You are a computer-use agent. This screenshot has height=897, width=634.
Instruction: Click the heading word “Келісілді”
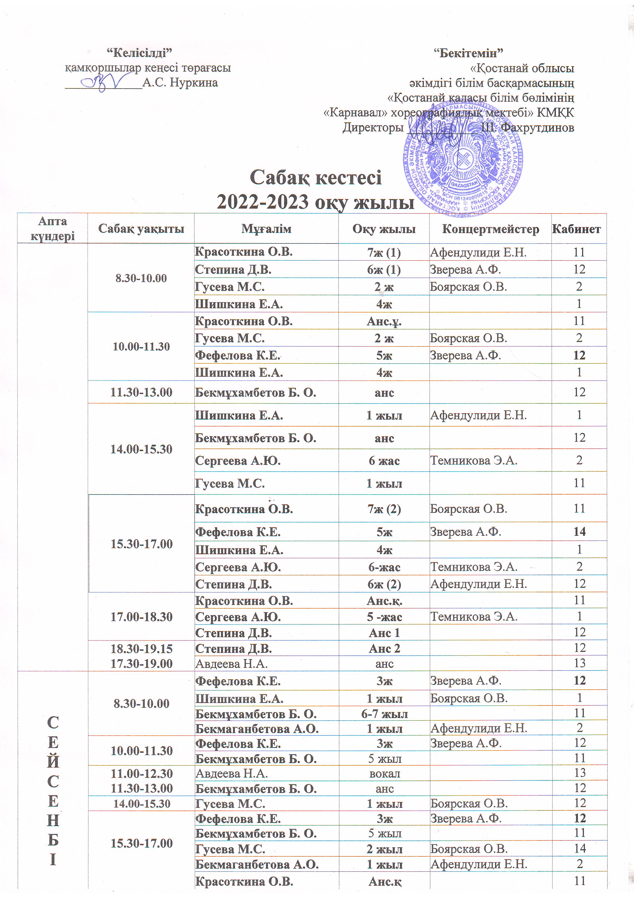point(140,52)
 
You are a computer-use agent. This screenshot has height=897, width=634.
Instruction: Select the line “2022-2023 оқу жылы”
point(316,202)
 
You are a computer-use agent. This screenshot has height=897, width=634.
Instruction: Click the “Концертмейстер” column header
point(490,229)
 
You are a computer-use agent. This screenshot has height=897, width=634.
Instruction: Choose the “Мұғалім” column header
point(266,229)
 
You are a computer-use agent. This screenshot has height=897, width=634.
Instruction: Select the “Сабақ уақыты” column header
point(141,229)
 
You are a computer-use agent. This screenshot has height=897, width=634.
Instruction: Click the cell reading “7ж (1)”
point(384,253)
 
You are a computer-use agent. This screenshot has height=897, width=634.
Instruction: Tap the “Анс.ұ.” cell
point(384,321)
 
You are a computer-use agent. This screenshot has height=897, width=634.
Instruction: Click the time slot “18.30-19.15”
point(141,648)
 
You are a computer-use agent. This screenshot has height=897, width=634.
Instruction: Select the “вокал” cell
point(384,773)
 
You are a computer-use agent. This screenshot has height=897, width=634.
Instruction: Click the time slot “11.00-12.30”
point(141,773)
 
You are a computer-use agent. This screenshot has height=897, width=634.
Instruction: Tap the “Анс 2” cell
point(384,648)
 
